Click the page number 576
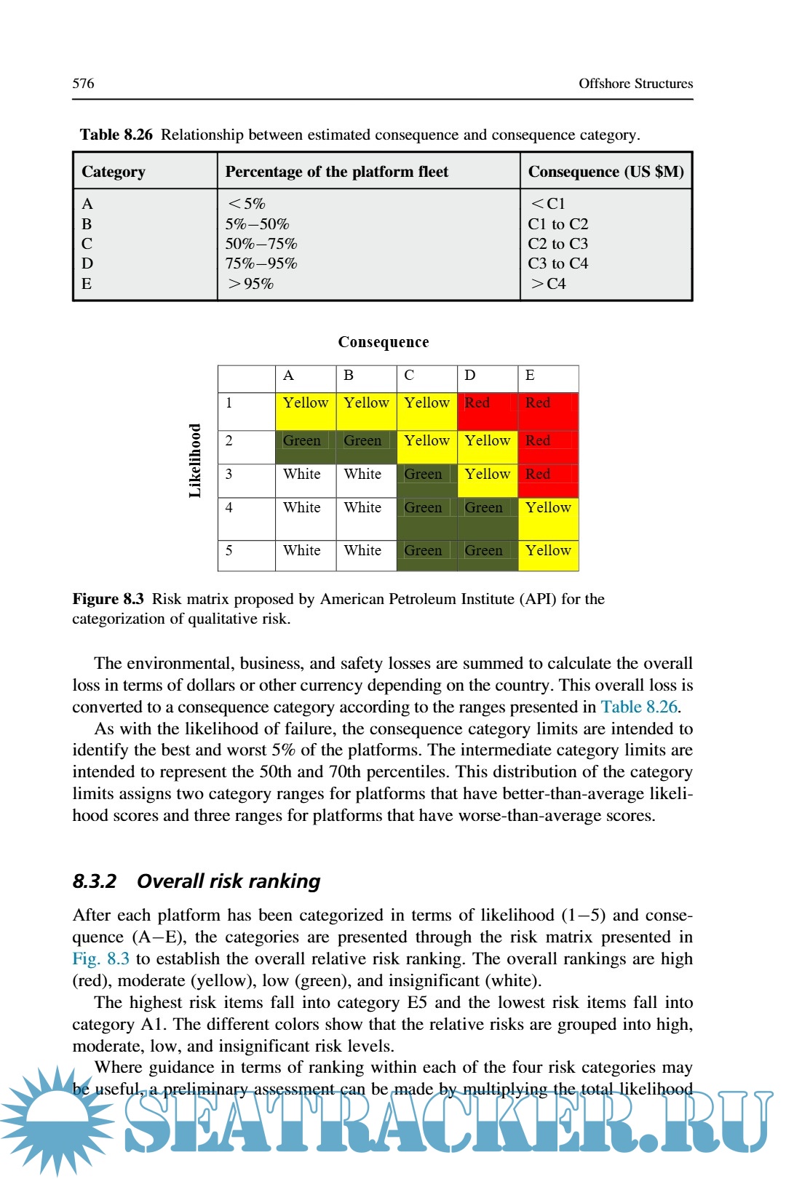click(x=83, y=84)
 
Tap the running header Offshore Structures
click(x=635, y=84)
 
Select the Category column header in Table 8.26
click(x=114, y=172)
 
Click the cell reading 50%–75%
click(x=261, y=244)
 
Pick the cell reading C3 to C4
click(x=557, y=263)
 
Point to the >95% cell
click(x=251, y=284)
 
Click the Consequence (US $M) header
click(x=606, y=172)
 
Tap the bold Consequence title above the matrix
click(x=384, y=342)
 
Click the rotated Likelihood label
click(x=195, y=461)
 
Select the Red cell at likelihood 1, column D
click(x=487, y=410)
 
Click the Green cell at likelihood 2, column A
click(x=305, y=447)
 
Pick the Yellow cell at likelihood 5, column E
click(x=548, y=555)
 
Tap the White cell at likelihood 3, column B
click(x=365, y=480)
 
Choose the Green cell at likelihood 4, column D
click(x=487, y=518)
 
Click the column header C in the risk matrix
click(x=409, y=376)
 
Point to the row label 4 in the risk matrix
click(x=229, y=507)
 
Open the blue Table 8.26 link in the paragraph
click(x=639, y=707)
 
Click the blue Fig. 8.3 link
click(x=100, y=958)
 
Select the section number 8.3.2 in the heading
click(x=95, y=881)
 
